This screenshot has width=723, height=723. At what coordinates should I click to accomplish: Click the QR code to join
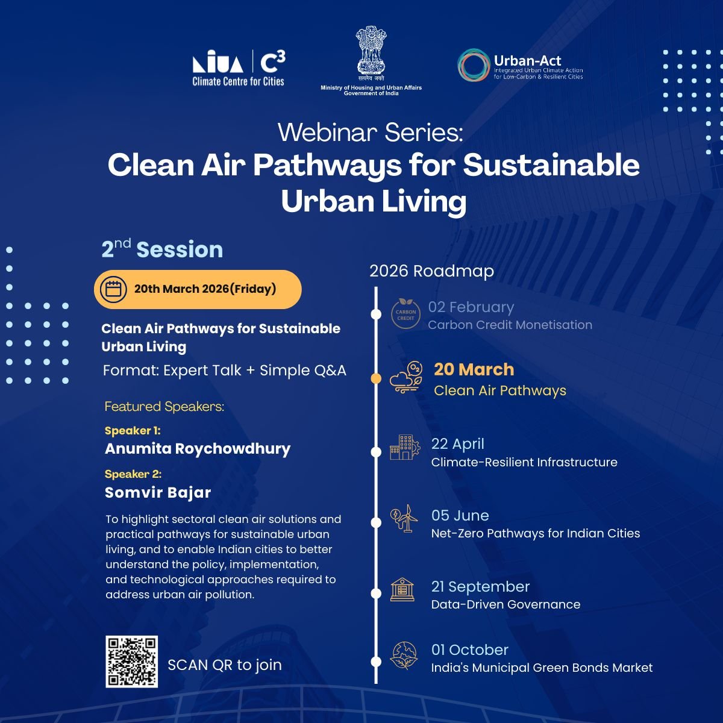pos(131,661)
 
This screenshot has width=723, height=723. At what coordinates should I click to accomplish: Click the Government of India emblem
pos(371,52)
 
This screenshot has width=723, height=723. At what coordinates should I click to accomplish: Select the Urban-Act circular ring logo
pos(473,65)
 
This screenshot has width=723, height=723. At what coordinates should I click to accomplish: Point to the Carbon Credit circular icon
pos(405,314)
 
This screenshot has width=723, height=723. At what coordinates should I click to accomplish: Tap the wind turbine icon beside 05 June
pos(404,518)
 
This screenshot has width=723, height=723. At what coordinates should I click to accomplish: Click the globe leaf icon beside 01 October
pos(403,656)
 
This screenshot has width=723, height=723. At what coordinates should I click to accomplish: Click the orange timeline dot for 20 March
pos(376,379)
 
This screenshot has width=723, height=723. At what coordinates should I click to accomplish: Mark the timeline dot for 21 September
pos(376,593)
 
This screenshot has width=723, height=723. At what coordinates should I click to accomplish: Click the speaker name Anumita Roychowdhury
pos(198,449)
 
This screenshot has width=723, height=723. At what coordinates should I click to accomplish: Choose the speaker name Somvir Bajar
pos(158,492)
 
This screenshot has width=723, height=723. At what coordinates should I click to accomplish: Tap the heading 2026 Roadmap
pos(431,271)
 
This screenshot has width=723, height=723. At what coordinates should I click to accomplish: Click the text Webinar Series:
pos(370,133)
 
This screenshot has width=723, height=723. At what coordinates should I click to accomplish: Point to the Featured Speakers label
pos(164,407)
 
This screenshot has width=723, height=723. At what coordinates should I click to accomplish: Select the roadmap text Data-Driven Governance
pos(505,604)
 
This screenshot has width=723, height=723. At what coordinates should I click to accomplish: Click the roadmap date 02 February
pos(471,307)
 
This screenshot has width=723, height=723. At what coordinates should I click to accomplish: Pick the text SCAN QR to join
pos(224,665)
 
